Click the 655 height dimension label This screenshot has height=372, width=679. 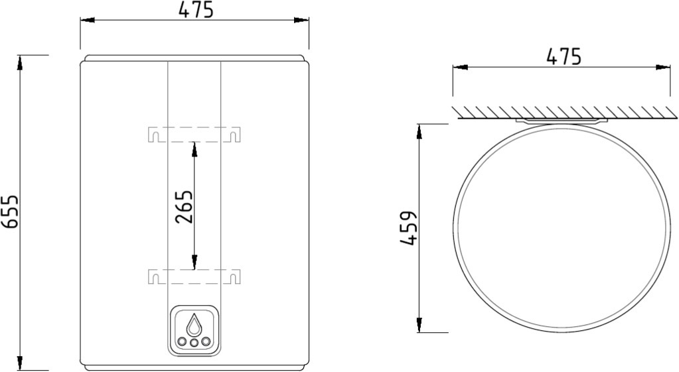9,212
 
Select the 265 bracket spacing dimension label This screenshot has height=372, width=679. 184,207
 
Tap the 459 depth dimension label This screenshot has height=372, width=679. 408,228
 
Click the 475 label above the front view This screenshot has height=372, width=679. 196,10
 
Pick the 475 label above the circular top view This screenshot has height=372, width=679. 564,56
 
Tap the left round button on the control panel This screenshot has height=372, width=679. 183,341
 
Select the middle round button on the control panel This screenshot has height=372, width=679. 194,343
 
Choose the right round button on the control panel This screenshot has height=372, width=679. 206,341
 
